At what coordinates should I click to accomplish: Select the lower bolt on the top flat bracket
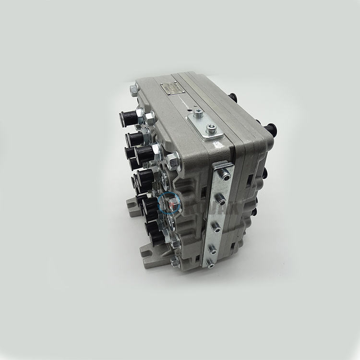coord(210,129)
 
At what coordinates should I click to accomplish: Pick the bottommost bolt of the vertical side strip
coord(210,262)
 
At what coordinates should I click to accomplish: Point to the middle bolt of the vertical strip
coord(217,225)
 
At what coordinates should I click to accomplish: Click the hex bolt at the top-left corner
coord(133,89)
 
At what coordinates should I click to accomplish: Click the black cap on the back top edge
coord(233,97)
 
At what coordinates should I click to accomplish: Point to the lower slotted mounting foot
coord(147,250)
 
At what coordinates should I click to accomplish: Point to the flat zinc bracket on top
coord(206,124)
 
